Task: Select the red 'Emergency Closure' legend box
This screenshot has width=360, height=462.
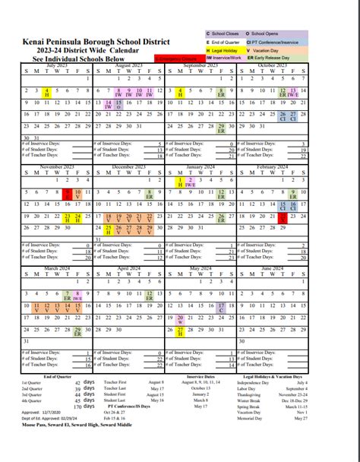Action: (x=177, y=58)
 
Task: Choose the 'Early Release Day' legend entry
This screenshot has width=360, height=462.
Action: (x=275, y=58)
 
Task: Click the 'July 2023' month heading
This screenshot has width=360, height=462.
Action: (x=57, y=66)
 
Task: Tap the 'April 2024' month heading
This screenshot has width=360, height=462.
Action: (x=128, y=268)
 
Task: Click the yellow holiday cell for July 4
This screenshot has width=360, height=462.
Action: (x=47, y=92)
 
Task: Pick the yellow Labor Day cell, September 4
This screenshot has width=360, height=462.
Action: (x=180, y=92)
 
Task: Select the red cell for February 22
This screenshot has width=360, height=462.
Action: (x=283, y=218)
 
